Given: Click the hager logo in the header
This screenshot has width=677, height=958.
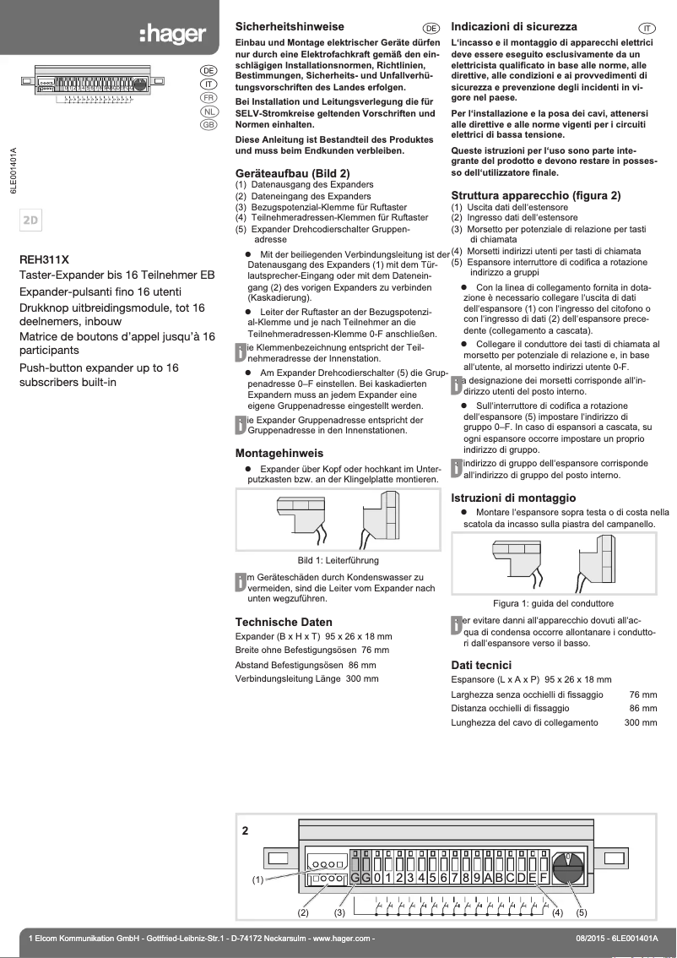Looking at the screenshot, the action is [172, 34].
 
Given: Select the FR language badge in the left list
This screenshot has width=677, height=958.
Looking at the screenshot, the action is [209, 98].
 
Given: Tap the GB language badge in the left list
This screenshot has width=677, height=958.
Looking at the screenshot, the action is [209, 125].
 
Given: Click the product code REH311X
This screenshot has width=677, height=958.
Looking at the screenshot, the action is [44, 260].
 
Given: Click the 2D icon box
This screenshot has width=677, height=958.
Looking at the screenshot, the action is [31, 220].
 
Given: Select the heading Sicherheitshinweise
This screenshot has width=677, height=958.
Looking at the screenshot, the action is [289, 28].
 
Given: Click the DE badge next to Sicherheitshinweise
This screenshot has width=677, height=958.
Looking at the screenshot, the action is [431, 29].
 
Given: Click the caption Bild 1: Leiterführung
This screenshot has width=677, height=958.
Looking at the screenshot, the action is [338, 561].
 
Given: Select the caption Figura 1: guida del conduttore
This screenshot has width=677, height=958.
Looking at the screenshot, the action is [553, 604].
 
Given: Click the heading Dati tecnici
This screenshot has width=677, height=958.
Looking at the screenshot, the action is [481, 666].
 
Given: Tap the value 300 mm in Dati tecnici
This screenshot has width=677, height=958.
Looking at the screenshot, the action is [640, 722].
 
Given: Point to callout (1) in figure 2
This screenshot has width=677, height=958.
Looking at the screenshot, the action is [258, 880].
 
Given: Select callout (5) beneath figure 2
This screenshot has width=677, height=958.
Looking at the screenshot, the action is [582, 913].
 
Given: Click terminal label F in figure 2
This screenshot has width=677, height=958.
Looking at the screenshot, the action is [544, 878].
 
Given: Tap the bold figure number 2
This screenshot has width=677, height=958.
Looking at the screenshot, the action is [246, 830].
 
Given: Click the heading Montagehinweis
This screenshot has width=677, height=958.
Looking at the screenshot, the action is [279, 452].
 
